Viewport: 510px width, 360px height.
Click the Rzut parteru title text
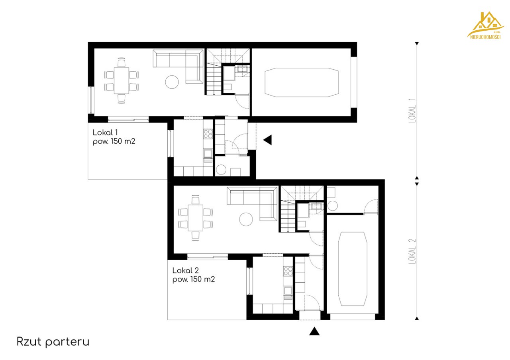53,342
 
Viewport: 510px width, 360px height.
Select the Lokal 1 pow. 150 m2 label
114,137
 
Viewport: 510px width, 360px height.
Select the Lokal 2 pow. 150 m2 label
194,275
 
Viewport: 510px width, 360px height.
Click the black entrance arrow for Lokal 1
268,140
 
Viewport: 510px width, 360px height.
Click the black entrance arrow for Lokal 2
314,331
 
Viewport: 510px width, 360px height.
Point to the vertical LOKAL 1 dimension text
412,111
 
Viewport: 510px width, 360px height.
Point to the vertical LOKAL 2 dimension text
412,251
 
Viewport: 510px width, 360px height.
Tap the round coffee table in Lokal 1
172,82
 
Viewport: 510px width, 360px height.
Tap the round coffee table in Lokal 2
246,219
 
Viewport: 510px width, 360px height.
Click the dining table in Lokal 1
122,80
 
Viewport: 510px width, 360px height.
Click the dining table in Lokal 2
196,218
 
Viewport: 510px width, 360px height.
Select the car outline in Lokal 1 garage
302,82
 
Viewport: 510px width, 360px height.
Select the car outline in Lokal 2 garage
353,269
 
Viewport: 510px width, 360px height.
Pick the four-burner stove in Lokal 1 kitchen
208,134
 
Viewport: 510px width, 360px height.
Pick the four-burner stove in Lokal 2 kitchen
288,271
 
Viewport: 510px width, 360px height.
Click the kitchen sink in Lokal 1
208,154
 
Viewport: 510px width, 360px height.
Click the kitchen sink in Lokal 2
288,292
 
